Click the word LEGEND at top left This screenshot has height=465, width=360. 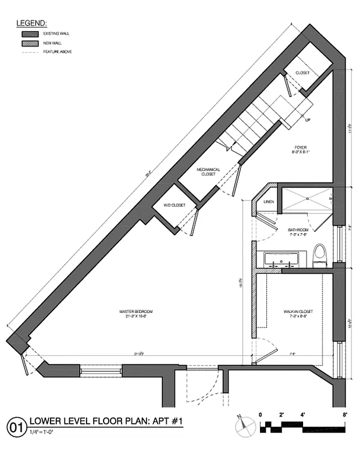point(31,23)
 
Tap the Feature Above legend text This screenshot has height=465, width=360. point(58,52)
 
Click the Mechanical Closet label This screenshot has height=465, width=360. point(208,172)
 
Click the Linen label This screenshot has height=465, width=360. point(269,202)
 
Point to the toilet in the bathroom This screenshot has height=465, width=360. point(319,255)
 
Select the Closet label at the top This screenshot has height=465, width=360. point(302,73)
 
